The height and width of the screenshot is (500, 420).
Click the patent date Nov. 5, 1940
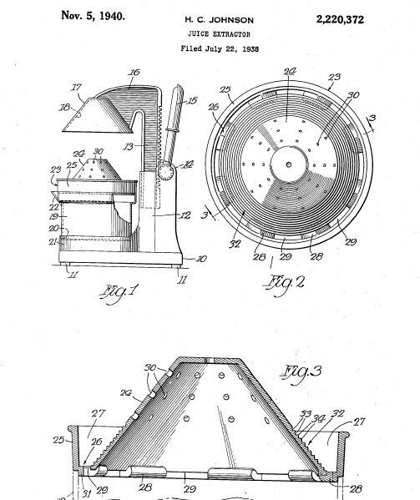[93, 16]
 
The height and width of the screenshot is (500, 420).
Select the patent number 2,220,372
[340, 20]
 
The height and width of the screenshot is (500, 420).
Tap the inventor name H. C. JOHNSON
[220, 20]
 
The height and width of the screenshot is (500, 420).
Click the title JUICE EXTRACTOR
[219, 34]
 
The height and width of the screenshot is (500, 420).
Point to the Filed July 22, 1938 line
[220, 48]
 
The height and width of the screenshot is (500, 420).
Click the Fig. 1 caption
[119, 294]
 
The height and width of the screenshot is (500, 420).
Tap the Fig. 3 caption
[302, 373]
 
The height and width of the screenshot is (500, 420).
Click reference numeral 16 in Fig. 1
[134, 73]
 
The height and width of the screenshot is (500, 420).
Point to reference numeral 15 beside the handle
[191, 101]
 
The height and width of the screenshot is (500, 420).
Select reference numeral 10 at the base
[201, 258]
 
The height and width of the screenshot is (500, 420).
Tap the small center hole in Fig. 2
[289, 164]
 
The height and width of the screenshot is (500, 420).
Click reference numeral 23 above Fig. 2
[334, 77]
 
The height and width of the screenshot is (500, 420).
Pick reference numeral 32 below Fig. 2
[235, 245]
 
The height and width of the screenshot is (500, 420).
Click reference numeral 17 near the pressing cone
[76, 87]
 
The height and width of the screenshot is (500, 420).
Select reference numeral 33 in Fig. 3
[306, 414]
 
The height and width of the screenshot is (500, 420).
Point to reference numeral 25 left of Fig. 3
[58, 440]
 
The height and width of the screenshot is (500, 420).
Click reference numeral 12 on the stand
[185, 215]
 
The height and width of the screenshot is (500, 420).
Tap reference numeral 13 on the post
[129, 147]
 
